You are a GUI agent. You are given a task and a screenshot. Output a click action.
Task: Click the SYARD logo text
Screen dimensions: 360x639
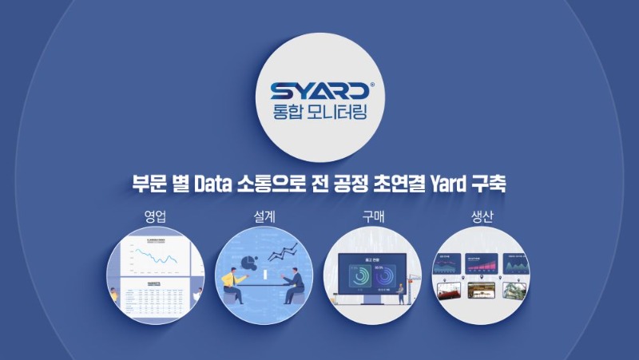pyautogui.click(x=317, y=90)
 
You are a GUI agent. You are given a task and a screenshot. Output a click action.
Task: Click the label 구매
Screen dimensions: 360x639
pyautogui.click(x=373, y=216)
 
